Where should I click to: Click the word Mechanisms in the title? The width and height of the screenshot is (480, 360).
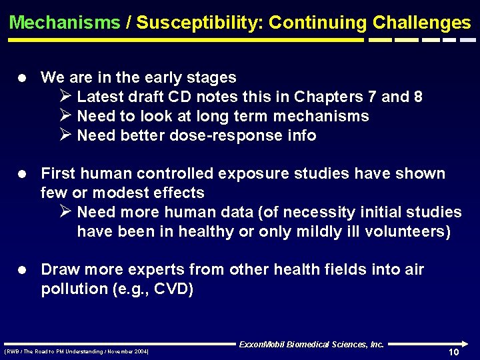click(65, 23)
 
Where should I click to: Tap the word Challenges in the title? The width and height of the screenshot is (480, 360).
click(422, 23)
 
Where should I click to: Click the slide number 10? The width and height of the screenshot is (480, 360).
click(453, 352)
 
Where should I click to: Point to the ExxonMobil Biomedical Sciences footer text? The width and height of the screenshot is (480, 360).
click(311, 345)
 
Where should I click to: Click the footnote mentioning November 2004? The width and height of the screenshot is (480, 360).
click(77, 351)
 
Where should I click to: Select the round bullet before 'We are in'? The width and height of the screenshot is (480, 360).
click(23, 78)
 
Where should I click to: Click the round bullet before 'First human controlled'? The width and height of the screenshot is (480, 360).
click(23, 174)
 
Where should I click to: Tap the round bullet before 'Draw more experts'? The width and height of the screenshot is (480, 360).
click(23, 270)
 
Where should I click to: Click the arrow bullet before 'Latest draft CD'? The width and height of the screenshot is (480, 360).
click(65, 97)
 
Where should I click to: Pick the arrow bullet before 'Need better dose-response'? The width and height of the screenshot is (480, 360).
click(65, 135)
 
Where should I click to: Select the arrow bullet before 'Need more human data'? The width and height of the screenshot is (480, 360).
click(65, 212)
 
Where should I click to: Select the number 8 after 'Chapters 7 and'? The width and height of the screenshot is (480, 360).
click(417, 97)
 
